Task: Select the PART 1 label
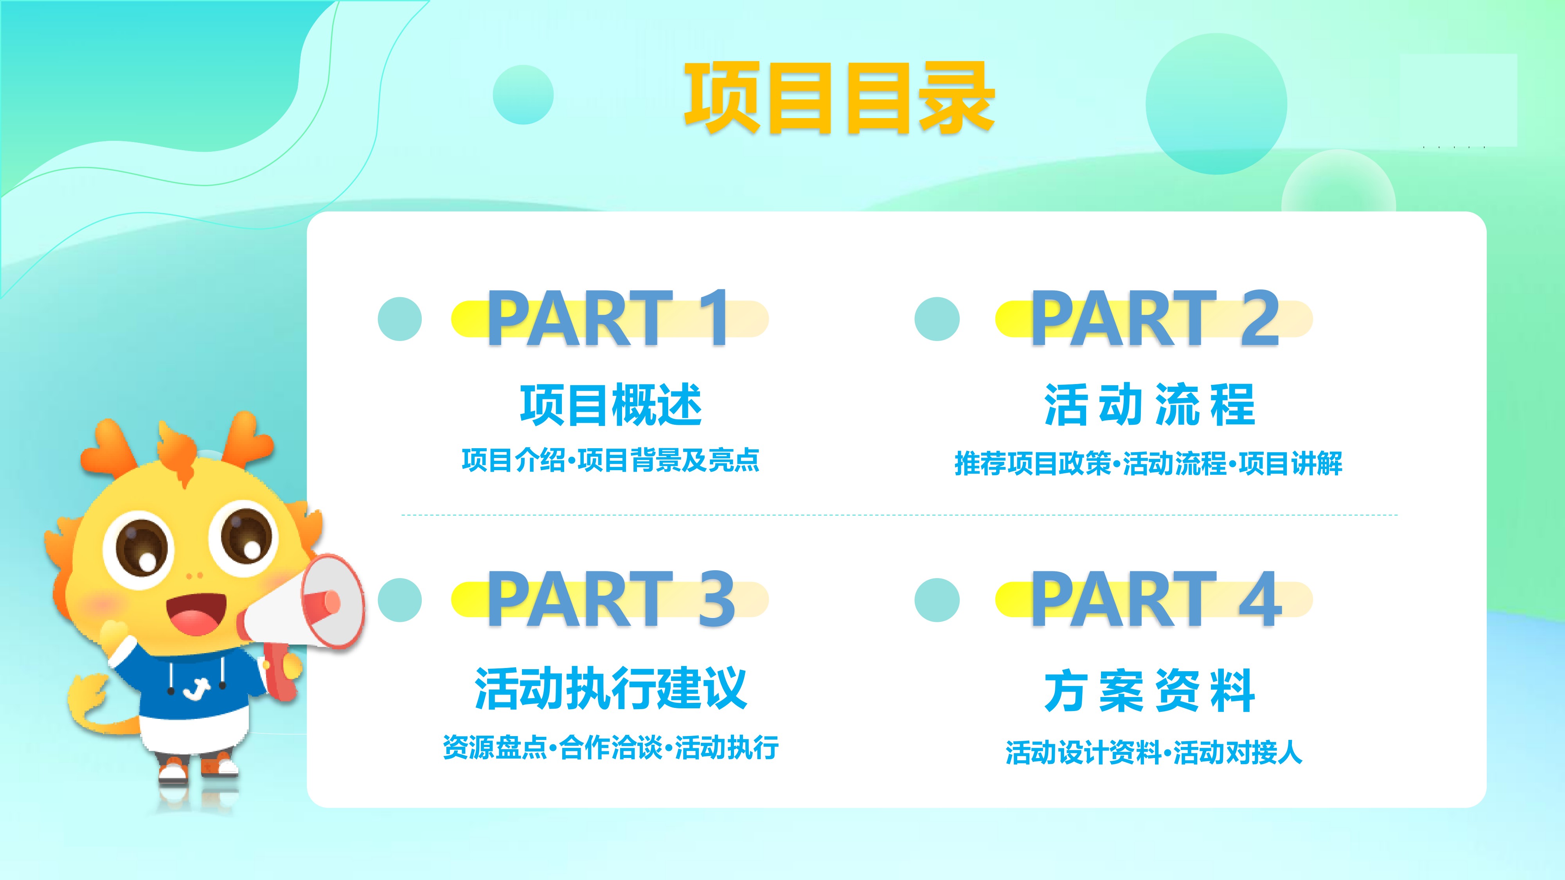tap(608, 318)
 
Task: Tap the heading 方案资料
tap(1150, 691)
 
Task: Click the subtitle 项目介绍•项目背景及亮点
tap(611, 460)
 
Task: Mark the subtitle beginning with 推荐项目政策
tap(1148, 463)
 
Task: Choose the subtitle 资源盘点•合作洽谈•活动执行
tap(611, 747)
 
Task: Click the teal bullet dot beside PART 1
tap(400, 319)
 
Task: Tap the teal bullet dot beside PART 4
tap(937, 600)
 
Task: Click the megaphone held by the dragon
tap(304, 613)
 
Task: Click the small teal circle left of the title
tap(523, 95)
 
